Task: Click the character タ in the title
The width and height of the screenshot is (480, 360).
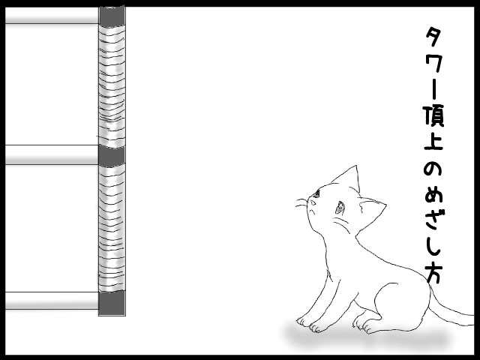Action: pos(434,37)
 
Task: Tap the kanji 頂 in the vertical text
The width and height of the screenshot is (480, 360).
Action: pos(434,116)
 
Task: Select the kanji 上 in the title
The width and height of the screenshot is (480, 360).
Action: pos(433,142)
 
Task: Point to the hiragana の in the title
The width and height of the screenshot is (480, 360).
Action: pos(433,169)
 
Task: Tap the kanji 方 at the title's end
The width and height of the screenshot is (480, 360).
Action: pos(434,274)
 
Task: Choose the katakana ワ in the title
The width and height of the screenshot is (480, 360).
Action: pos(434,64)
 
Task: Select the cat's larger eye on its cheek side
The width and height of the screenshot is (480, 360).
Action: pos(340,207)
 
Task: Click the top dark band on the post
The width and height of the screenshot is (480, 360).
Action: pos(112,16)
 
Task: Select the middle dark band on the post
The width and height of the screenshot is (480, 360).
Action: pos(112,156)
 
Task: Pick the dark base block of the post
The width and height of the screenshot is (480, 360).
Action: pos(112,303)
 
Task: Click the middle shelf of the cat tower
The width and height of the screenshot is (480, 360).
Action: pos(52,154)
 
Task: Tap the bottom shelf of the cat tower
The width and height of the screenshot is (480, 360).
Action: pos(52,301)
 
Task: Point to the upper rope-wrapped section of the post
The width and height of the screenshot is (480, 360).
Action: pos(112,86)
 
